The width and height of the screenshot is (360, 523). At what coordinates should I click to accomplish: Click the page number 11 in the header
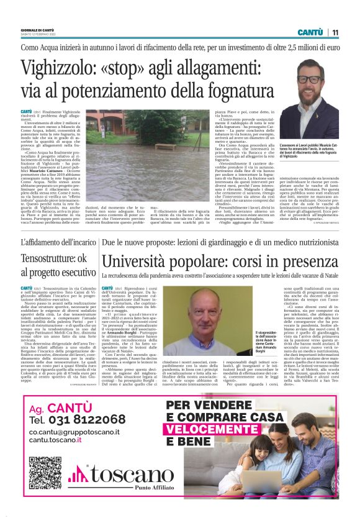point(335,32)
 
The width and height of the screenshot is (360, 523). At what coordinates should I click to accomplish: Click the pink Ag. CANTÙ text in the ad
point(61,409)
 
